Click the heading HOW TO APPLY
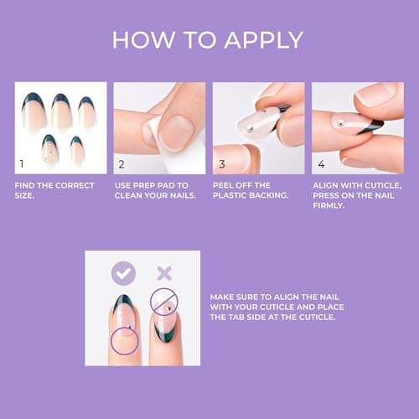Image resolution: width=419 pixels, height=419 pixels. coord(208,39)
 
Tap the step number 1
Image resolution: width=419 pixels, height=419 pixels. coord(23,164)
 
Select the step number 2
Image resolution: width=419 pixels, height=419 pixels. coord(122,164)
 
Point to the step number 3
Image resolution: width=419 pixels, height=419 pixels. coord(221,164)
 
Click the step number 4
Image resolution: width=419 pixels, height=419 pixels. coord(319,164)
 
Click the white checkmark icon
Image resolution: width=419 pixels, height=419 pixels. coord(125,273)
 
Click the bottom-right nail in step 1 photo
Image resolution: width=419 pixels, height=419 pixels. coord(78,149)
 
